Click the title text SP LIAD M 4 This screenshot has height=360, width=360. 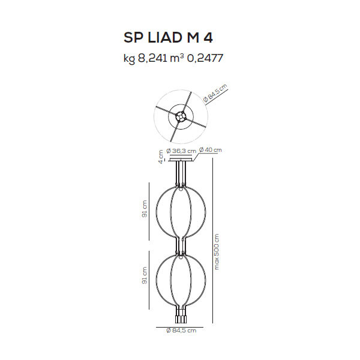click(168, 38)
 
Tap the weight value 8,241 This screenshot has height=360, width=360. click(152, 58)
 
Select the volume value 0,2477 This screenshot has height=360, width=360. click(205, 58)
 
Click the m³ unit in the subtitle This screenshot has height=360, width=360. click(177, 58)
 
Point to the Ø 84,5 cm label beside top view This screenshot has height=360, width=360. click(215, 93)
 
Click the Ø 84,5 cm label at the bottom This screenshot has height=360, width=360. click(181, 331)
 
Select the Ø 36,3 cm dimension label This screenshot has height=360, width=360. click(181, 151)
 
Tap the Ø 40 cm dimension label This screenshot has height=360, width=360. click(211, 150)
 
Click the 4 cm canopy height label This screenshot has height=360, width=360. click(161, 157)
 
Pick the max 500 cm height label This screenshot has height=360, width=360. click(217, 251)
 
